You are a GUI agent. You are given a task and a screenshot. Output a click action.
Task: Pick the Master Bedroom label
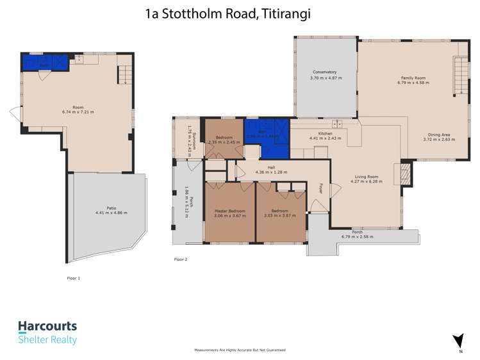tap(229, 211)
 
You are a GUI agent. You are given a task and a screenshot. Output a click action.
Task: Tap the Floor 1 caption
tap(74, 279)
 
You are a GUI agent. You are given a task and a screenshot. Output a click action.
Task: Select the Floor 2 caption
tap(181, 259)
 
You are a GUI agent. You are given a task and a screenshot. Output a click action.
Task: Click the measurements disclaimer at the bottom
tap(240, 350)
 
